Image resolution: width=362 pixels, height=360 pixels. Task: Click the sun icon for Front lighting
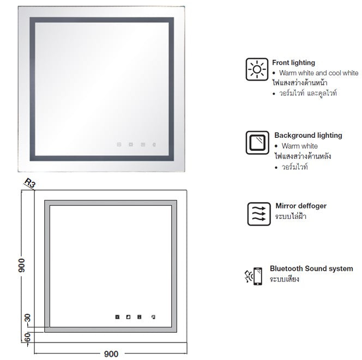257,69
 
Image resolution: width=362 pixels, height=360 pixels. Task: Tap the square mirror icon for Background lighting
257,143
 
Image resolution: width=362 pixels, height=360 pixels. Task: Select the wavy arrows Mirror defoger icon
259,214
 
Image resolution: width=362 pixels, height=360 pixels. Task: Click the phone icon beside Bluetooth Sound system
258,276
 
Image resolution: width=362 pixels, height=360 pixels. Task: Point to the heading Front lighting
293,63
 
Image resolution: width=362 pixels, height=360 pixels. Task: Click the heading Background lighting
308,136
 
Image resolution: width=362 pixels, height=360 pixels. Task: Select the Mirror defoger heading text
301,206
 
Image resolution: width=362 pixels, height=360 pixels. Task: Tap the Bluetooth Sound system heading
311,269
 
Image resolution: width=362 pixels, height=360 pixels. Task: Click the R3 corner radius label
30,182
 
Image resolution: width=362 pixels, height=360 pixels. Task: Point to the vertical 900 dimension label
21,265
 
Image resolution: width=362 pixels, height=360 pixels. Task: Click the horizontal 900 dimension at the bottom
111,354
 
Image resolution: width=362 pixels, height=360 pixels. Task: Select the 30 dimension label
27,318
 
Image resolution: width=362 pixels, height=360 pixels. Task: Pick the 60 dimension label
27,337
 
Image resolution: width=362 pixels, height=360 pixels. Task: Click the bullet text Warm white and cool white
318,73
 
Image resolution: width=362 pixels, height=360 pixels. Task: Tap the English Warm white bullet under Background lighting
299,146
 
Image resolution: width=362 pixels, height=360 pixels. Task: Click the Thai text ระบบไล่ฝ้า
291,216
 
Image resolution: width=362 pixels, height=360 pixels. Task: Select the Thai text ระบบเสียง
284,279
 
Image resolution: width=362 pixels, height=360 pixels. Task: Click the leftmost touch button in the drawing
117,317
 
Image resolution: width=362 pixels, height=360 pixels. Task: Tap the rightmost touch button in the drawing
153,317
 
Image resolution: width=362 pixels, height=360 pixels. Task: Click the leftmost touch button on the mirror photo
119,145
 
